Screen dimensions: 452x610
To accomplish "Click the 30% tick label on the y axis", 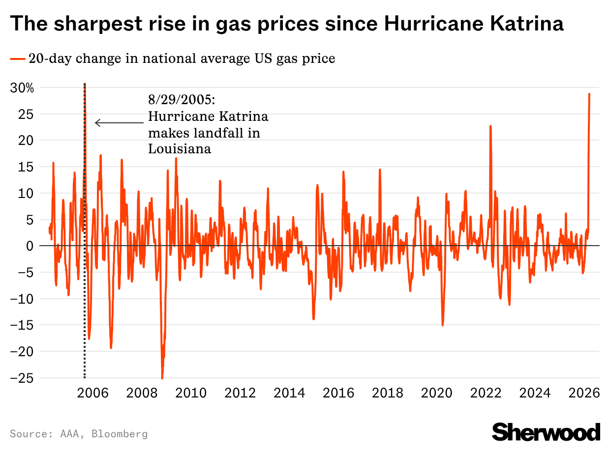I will tap(23, 88).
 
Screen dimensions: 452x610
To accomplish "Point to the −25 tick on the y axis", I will tap(23, 378).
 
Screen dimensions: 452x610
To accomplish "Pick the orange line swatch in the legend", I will tap(17, 59).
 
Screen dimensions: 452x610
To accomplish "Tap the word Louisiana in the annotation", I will tap(180, 149).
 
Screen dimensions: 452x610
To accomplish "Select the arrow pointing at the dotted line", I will tap(118, 123).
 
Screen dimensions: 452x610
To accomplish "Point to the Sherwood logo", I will tap(546, 432).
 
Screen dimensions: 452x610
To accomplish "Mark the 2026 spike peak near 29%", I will tap(589, 94).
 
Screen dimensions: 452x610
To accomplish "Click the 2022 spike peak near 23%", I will tap(490, 126).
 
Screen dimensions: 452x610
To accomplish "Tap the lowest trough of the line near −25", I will tap(162, 378).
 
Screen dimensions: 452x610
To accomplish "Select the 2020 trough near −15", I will tap(443, 325).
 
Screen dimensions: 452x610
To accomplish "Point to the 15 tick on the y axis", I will tap(28, 167).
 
